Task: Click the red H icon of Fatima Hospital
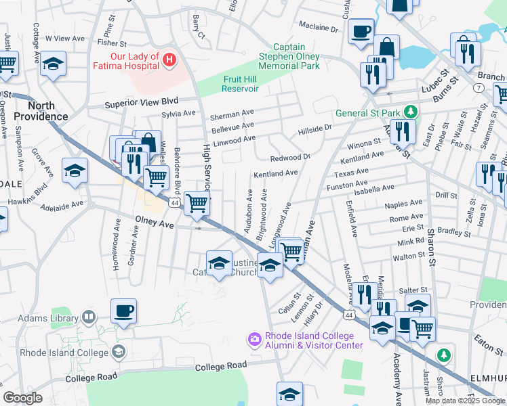pos(169,61)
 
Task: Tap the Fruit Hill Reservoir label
pos(241,84)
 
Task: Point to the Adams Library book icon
pos(88,317)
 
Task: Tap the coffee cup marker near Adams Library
pos(124,312)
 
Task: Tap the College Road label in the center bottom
pos(221,366)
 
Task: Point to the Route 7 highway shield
pos(479,89)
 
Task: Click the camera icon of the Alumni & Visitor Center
pos(254,338)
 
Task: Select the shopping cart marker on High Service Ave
pos(197,202)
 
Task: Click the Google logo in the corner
pos(22,398)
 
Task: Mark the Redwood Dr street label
pos(289,158)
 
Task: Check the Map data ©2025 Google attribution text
pos(464,401)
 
